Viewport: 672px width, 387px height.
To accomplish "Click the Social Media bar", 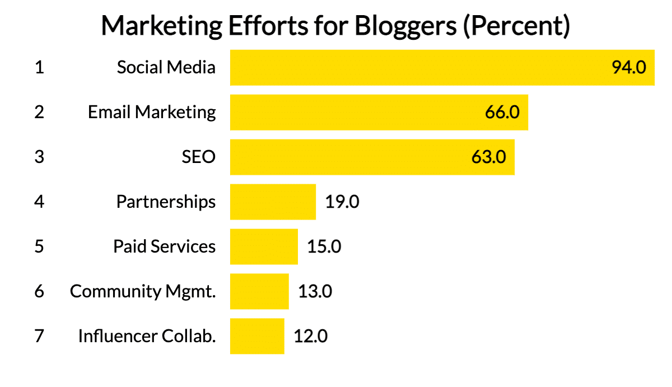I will click(x=420, y=68).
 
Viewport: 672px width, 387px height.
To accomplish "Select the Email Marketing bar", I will click(x=358, y=112).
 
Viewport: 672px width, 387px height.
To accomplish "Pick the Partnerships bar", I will click(x=273, y=202).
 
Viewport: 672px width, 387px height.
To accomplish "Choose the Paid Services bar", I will click(x=264, y=246).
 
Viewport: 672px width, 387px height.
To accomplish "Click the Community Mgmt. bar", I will click(x=259, y=291).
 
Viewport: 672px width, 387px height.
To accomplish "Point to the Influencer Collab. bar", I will click(x=257, y=336).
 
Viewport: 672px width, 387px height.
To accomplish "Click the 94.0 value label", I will click(x=629, y=68).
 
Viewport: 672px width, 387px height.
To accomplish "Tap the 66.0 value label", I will click(x=502, y=112).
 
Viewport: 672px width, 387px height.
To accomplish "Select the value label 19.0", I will click(x=342, y=202).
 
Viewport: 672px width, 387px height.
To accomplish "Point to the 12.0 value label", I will click(x=311, y=336).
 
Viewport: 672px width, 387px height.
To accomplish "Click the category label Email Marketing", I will click(x=152, y=112).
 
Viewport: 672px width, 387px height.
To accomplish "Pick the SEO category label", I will click(x=198, y=157).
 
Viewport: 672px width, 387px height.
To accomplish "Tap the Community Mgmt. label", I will click(x=143, y=291).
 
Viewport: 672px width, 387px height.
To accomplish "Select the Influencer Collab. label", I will click(x=147, y=336).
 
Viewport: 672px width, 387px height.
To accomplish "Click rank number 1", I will click(x=39, y=68).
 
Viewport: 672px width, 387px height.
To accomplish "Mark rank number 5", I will click(x=39, y=246).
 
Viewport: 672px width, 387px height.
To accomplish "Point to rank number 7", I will click(x=39, y=336).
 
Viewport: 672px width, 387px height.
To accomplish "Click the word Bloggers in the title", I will click(x=399, y=26).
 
